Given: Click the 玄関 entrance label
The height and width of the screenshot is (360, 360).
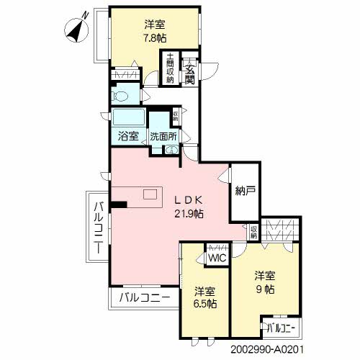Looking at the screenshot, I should pos(190,71).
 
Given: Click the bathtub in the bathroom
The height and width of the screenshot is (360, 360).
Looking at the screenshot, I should pos(129,118).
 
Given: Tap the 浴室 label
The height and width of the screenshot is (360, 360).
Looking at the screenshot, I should pos(129,136).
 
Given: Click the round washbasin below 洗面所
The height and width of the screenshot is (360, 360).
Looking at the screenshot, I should pos(172,150).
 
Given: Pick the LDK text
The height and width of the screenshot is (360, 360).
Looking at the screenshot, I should pos(189,199).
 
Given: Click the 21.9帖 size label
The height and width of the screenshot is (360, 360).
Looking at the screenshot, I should pos(189,214).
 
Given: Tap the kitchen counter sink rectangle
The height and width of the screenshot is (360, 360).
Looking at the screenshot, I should pos(150,194).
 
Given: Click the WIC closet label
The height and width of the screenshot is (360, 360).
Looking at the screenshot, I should pos(216,258).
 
